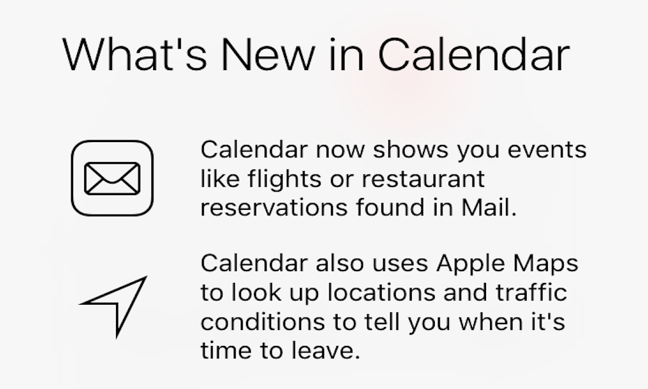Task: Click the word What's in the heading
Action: tap(135, 55)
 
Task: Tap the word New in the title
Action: tap(269, 55)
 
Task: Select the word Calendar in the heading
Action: tap(474, 55)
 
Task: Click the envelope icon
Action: tap(112, 178)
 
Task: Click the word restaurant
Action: tap(423, 179)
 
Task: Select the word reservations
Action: tap(274, 207)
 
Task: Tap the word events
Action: tap(547, 149)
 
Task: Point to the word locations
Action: tap(382, 292)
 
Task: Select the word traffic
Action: tap(531, 292)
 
